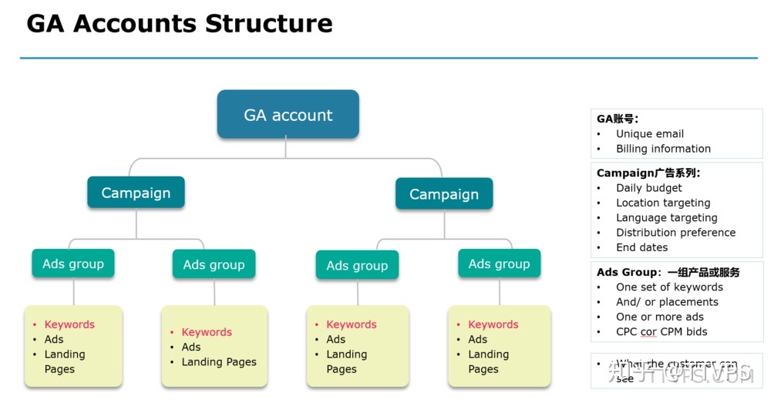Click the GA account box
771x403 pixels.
288,115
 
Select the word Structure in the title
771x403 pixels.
270,24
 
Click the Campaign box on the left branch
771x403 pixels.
136,193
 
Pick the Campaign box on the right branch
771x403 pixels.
443,194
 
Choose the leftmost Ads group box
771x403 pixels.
73,264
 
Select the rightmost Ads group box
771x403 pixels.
499,264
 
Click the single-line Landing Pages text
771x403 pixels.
219,362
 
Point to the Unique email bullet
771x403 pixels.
649,134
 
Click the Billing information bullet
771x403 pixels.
663,149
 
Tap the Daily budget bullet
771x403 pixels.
648,188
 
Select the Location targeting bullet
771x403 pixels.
663,203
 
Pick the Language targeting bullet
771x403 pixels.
666,218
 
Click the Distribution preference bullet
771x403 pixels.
675,233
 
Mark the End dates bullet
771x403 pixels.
641,247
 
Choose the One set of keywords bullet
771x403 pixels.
669,287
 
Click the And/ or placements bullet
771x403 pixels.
667,302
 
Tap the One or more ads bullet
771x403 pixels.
659,317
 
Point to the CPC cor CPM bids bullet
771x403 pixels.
662,332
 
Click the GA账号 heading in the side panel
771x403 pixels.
617,119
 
